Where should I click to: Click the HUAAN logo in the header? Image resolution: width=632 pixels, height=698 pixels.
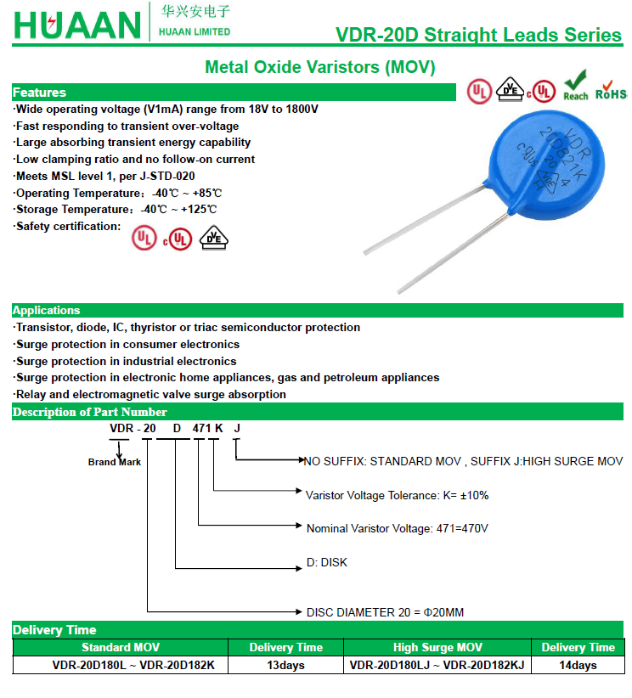76,25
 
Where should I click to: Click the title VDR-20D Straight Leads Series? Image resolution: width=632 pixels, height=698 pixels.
478,35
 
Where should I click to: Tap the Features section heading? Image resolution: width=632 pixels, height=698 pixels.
39,93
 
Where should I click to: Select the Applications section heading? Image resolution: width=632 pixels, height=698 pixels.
46,311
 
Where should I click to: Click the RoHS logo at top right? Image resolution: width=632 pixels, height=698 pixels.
611,90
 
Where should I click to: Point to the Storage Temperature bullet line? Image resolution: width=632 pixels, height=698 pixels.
116,209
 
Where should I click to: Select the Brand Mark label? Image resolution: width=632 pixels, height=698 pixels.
115,462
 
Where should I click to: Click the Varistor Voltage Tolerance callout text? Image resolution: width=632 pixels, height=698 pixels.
397,494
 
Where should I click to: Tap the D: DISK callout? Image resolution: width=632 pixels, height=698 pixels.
327,562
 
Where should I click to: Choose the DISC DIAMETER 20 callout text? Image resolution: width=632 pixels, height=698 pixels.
385,612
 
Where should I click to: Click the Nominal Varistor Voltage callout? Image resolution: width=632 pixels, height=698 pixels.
397,528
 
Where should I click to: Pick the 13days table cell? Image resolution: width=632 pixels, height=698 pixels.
285,665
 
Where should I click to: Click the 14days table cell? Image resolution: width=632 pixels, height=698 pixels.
578,665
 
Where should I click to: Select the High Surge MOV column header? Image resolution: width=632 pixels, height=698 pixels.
437,647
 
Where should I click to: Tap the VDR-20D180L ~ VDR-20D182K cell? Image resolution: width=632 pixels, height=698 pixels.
121,665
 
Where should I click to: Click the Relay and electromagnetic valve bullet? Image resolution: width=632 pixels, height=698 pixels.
150,394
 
